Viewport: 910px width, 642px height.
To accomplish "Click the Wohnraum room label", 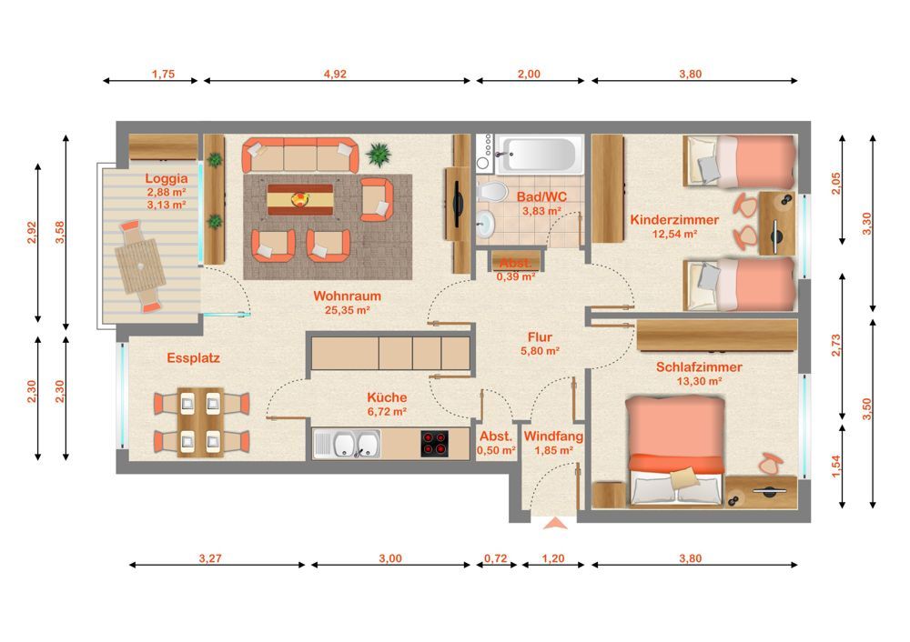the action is point(347,296).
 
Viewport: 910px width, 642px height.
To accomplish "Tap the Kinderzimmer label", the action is point(674,220).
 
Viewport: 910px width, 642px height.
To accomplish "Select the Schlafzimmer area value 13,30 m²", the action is point(699,382).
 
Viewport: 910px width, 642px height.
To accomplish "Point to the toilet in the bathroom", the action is point(491,191).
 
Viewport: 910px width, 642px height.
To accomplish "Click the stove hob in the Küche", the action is point(435,444).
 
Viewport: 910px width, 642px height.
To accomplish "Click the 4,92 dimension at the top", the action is point(335,74).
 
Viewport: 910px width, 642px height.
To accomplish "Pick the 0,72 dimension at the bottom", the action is point(496,558).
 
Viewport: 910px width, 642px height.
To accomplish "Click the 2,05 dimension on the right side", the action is point(835,184).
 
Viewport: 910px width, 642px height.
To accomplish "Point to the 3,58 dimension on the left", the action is point(60,232).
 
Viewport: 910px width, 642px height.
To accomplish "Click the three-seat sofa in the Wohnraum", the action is point(300,155).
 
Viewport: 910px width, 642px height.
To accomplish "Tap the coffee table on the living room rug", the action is point(300,200).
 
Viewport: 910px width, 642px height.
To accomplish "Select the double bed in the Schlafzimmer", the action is point(676,451).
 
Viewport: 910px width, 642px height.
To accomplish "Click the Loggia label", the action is point(167,178).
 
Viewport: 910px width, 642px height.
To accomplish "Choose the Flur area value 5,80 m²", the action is point(540,351).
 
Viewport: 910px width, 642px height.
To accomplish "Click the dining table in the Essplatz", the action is point(201,422).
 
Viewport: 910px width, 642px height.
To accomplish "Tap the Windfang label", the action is point(553,436).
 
